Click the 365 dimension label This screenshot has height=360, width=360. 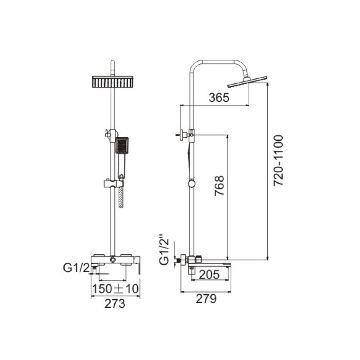[219, 97]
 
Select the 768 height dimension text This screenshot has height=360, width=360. [219, 186]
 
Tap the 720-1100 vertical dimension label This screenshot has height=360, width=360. [279, 160]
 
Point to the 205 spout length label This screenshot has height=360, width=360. [209, 274]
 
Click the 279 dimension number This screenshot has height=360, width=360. [206, 299]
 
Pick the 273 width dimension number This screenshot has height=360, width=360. [115, 304]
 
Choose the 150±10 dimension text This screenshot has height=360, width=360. [116, 288]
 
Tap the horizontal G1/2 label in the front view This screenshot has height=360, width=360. [76, 268]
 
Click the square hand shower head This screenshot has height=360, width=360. [121, 145]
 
